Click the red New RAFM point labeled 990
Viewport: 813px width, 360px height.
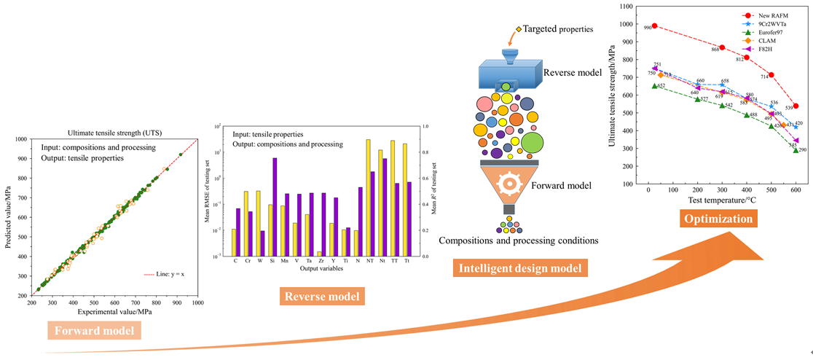(654, 26)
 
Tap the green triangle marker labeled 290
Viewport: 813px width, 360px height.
(796, 150)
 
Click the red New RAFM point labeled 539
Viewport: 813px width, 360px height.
(796, 106)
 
